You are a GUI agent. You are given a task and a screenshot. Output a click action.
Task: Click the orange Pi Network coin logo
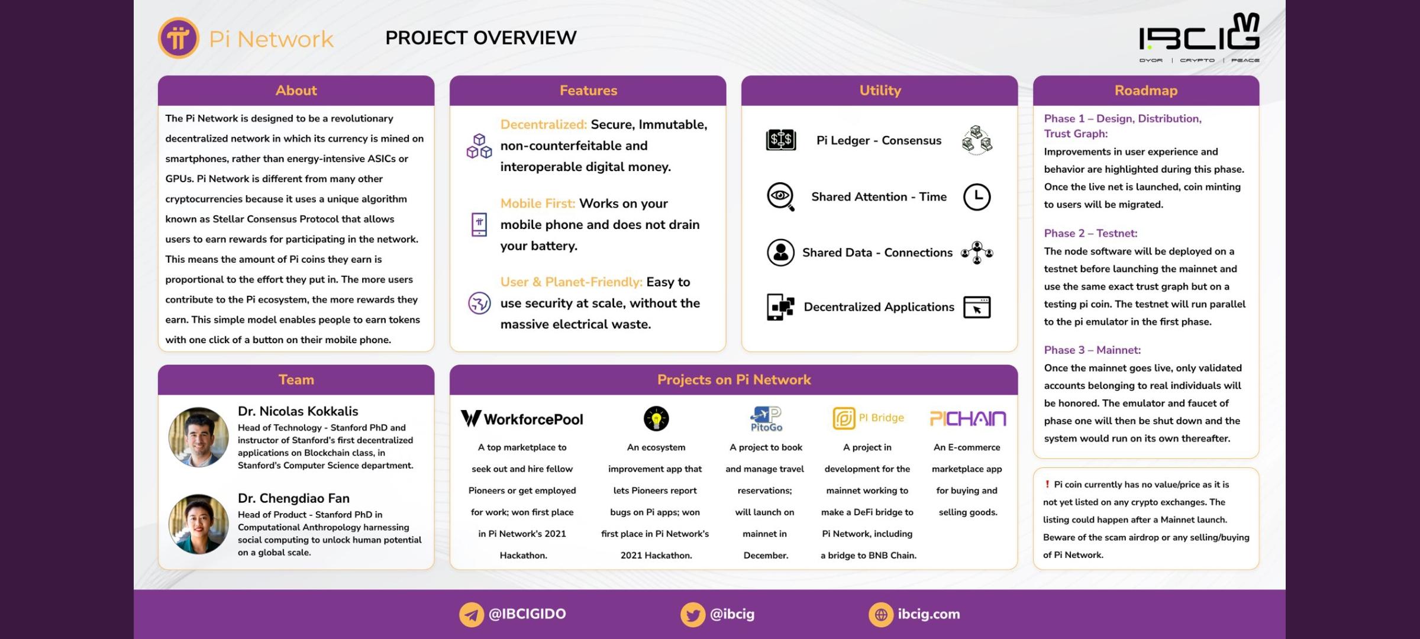tap(178, 38)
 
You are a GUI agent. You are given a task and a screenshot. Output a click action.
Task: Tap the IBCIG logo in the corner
tap(1199, 37)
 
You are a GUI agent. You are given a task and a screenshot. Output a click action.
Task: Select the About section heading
tap(296, 91)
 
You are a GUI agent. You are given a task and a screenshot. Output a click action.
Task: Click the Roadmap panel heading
tap(1146, 91)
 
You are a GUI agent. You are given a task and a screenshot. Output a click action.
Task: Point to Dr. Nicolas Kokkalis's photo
tap(198, 437)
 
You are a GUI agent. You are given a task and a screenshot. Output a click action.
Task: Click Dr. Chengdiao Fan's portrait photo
tap(198, 524)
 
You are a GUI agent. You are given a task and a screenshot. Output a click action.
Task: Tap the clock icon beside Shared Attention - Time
tap(977, 197)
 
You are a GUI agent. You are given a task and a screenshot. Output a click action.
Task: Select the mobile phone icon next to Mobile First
tap(479, 225)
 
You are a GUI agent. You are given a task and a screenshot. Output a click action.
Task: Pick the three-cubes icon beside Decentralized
tap(479, 146)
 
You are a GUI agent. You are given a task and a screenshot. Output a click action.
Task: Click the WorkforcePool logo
tap(522, 419)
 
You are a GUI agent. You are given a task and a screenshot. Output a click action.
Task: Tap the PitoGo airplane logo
tap(766, 419)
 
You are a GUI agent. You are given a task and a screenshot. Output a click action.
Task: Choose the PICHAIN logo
tap(968, 419)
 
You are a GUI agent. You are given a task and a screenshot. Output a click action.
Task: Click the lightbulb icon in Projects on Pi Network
tap(656, 418)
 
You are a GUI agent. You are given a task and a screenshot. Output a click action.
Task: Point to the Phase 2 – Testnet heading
tap(1090, 233)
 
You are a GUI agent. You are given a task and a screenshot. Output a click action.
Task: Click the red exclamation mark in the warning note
tap(1047, 484)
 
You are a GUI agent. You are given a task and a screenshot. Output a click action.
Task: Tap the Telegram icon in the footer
tap(472, 615)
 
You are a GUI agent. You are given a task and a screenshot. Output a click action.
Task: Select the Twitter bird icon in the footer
tap(693, 615)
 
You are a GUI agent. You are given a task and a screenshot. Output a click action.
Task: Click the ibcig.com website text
tap(929, 614)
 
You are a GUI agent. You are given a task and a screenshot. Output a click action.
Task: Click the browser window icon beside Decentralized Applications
tap(977, 307)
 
